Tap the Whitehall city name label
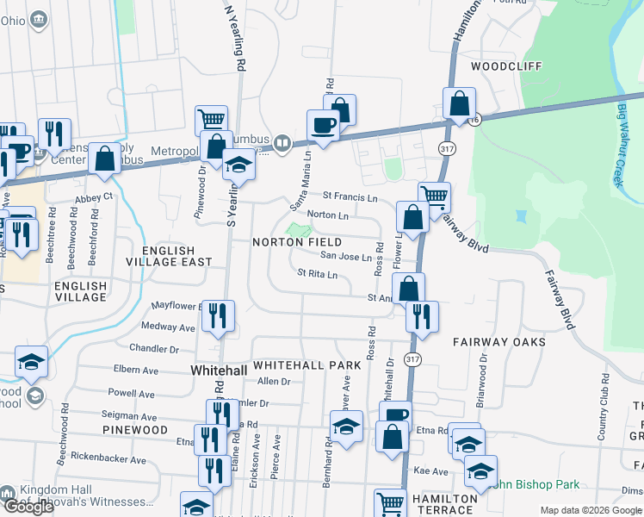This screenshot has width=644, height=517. (218, 370)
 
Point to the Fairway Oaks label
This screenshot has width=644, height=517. (499, 342)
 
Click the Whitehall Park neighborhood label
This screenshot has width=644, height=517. (307, 365)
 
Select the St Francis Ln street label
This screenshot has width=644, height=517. (350, 198)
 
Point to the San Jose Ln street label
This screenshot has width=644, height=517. (346, 256)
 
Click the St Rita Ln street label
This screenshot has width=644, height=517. (317, 274)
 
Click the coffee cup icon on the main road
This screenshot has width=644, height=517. (324, 125)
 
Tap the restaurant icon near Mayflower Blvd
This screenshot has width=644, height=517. (219, 315)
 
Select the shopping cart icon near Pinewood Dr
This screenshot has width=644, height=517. (211, 120)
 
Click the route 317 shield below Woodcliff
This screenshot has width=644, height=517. (446, 150)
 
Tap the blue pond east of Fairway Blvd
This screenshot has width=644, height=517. (520, 216)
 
